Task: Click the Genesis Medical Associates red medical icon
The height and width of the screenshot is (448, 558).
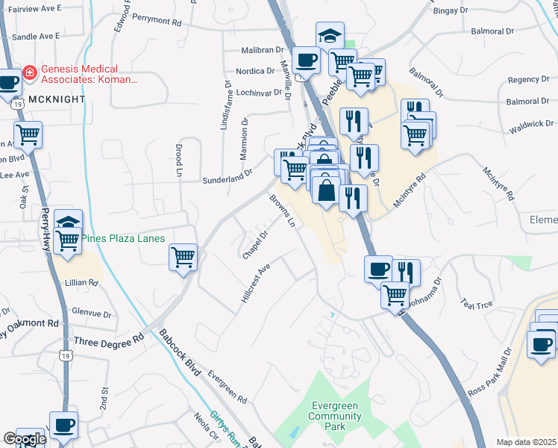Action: [x=30, y=73]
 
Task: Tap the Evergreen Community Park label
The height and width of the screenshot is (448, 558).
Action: [x=335, y=416]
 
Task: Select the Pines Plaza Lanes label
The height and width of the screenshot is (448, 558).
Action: [x=122, y=239]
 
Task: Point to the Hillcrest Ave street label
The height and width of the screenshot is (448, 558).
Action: [x=254, y=284]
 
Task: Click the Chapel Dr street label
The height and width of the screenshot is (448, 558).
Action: [x=254, y=245]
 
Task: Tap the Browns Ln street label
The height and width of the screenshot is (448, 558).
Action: [x=283, y=211]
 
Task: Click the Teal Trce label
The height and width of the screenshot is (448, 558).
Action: [x=477, y=305]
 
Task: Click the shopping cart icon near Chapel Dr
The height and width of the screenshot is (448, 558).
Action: [x=183, y=257]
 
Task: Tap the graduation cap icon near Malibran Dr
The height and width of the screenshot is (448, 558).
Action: [x=330, y=35]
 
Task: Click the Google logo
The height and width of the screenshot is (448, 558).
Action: [x=25, y=439]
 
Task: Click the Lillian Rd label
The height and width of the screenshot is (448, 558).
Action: [x=82, y=283]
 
